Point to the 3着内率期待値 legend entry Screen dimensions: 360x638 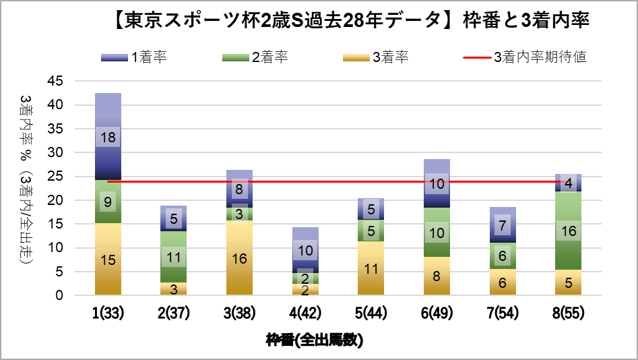click(525, 57)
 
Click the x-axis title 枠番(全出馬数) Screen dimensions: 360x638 click(315, 340)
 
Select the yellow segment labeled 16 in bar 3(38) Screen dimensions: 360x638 click(239, 258)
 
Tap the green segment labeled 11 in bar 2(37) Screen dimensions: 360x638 click(174, 256)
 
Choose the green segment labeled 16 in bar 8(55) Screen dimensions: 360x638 click(568, 231)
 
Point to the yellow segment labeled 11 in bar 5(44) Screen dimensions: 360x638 click(371, 268)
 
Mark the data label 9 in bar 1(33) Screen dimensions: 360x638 click(108, 201)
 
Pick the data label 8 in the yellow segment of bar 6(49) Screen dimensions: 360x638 click(437, 276)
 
